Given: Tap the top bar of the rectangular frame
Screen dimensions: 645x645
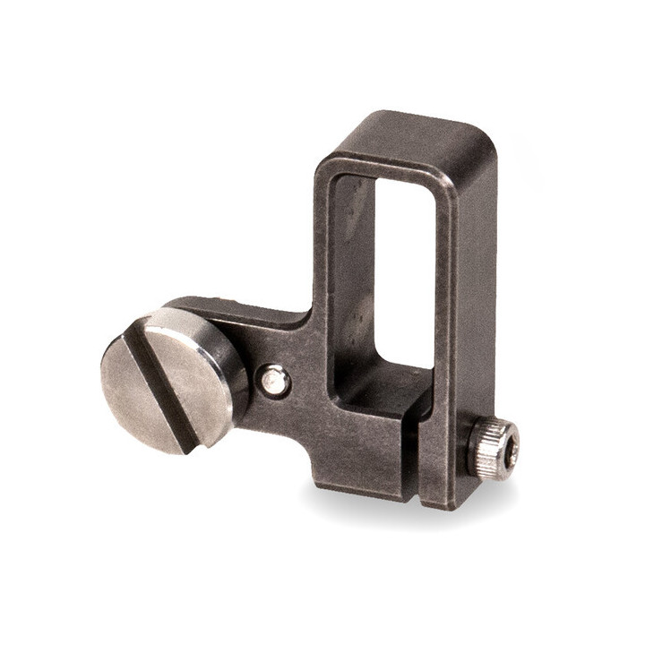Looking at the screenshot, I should click(403, 139).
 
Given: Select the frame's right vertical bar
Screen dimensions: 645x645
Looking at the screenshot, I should click(470, 296).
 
